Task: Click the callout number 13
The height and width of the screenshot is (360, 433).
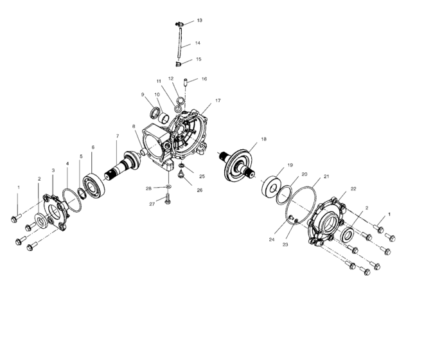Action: (x=199, y=21)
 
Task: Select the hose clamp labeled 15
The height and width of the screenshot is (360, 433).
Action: (x=181, y=63)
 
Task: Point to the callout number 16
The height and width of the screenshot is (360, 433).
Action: (x=204, y=79)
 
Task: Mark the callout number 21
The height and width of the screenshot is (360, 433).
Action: (x=326, y=175)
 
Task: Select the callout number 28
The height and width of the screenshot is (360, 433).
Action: (x=148, y=188)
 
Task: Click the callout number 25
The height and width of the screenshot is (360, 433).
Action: (x=201, y=175)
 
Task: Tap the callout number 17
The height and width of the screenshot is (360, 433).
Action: (x=218, y=101)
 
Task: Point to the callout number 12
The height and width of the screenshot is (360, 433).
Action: (x=170, y=78)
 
